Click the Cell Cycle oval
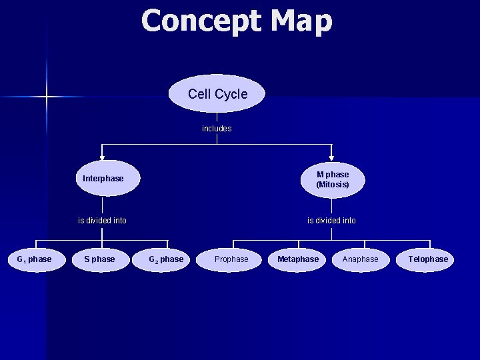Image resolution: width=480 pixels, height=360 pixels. coord(217,94)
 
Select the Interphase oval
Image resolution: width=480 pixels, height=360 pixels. coord(103,179)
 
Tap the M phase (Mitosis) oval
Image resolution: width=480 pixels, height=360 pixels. coord(332,179)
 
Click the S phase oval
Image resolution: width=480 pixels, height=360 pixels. coord(99,259)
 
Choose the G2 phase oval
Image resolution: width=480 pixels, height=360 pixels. coord(166,259)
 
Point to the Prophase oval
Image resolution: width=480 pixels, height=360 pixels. coord(231,259)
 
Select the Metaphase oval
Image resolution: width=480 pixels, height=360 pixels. coord(298,259)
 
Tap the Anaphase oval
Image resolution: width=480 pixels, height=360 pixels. coord(360,259)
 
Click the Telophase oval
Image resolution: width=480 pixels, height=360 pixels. coord(428,259)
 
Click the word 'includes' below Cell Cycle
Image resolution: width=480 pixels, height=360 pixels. coord(217,129)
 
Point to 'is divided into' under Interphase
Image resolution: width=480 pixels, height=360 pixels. coord(102,220)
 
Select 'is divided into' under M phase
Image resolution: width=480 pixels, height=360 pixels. coord(331,220)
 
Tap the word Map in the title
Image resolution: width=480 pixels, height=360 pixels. coord(301,21)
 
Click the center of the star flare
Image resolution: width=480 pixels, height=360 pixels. coord(47,97)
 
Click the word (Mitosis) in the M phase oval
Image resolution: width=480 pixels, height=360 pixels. coord(332,184)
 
